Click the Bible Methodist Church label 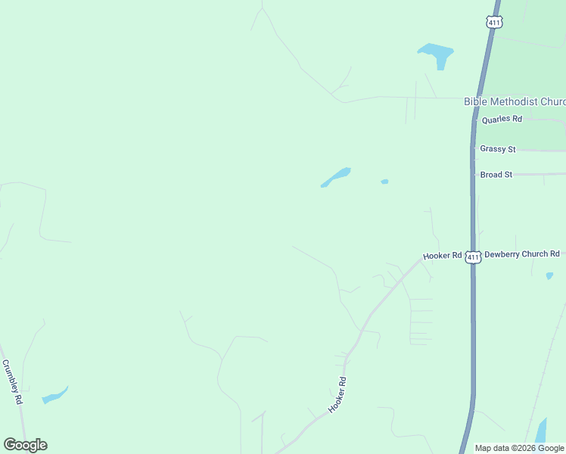(515, 101)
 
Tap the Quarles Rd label (502, 119)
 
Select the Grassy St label (497, 149)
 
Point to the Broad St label (496, 175)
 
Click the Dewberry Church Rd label (521, 254)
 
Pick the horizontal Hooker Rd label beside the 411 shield (443, 256)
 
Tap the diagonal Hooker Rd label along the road (337, 394)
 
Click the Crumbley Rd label (13, 381)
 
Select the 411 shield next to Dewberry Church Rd (473, 257)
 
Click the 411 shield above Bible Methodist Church (493, 23)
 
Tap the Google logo (25, 445)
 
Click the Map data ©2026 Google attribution (519, 448)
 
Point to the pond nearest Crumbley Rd (54, 396)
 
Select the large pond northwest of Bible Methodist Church (436, 54)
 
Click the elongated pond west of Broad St (336, 177)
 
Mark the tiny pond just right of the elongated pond (384, 182)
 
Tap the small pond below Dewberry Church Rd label (549, 275)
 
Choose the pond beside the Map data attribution (541, 431)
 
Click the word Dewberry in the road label (502, 254)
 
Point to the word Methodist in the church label (514, 101)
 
